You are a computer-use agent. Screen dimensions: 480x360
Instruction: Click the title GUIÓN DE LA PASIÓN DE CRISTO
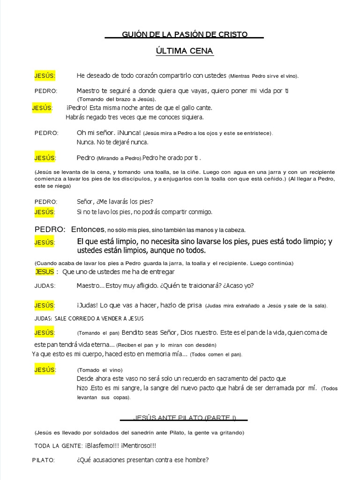185,35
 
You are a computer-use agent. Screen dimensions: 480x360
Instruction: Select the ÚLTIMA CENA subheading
185,51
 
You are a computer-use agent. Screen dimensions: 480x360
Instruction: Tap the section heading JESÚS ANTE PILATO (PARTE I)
185,418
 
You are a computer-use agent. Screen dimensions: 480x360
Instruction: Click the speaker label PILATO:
44,460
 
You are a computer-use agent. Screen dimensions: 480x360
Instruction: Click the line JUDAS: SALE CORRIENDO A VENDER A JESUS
89,319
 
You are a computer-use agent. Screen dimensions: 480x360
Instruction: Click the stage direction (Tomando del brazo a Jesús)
117,99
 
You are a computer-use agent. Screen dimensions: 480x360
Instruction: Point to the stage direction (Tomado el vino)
100,370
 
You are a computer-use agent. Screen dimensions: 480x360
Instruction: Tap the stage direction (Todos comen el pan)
216,355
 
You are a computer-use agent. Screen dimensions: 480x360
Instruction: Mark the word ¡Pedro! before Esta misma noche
77,108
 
